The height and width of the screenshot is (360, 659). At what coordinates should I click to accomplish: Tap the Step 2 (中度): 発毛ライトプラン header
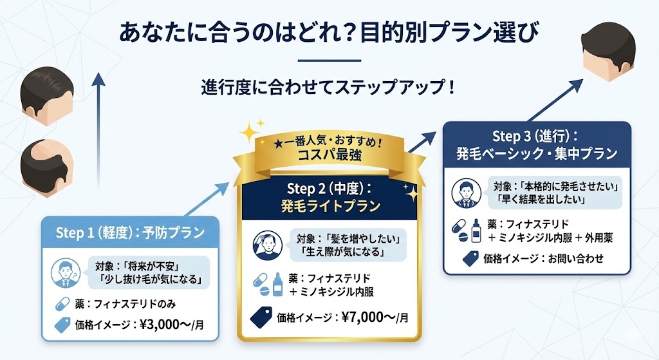tap(330, 198)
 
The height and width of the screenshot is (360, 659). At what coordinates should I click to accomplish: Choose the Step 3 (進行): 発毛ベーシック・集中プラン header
tap(537, 145)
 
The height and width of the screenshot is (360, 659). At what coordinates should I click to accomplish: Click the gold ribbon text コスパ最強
tap(329, 155)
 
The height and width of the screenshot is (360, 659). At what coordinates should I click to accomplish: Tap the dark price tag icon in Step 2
tap(262, 316)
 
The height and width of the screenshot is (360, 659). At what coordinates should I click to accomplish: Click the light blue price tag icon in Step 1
tap(62, 325)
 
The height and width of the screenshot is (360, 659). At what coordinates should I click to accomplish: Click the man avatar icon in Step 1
tap(63, 272)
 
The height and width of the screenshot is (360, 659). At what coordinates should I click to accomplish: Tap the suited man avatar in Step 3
tap(465, 192)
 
